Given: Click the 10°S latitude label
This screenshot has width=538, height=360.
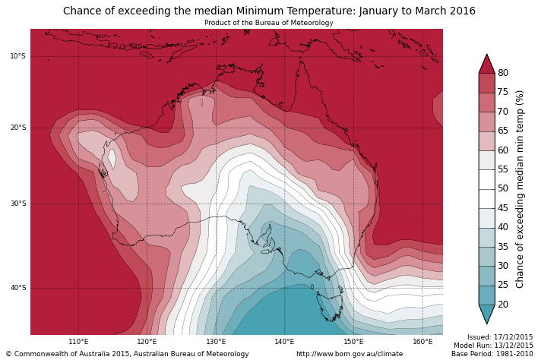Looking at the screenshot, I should pyautogui.click(x=17, y=56).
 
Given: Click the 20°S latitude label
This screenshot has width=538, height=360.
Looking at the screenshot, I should pyautogui.click(x=17, y=128).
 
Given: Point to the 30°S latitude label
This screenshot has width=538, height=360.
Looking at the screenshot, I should pyautogui.click(x=17, y=204).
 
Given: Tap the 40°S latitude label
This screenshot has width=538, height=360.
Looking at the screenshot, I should pyautogui.click(x=17, y=288).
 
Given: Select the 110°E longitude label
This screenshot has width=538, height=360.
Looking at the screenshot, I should pyautogui.click(x=78, y=342).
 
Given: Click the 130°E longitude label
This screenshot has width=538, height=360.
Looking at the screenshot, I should pyautogui.click(x=216, y=342).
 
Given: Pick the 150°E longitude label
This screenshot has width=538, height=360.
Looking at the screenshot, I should pyautogui.click(x=353, y=342).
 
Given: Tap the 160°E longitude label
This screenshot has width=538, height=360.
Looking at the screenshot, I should pyautogui.click(x=422, y=342).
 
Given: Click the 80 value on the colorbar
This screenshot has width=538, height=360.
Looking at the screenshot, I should pyautogui.click(x=503, y=73).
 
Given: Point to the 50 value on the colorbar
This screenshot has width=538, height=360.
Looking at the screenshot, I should pyautogui.click(x=503, y=188).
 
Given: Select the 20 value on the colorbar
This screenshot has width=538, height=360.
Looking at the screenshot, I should pyautogui.click(x=503, y=305).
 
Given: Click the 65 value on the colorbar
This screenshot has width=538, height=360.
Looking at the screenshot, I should pyautogui.click(x=503, y=131).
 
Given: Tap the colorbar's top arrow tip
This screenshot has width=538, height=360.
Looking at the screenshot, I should pyautogui.click(x=486, y=55).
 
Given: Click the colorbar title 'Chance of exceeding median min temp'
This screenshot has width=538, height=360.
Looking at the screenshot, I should pyautogui.click(x=521, y=188).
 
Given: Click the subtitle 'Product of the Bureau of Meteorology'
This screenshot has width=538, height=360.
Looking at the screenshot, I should pyautogui.click(x=268, y=23).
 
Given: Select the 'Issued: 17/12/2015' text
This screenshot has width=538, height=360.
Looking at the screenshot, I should pyautogui.click(x=499, y=337).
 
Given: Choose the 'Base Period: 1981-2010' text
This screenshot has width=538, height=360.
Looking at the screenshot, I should pyautogui.click(x=492, y=354).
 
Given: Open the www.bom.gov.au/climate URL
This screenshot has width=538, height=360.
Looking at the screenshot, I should pyautogui.click(x=350, y=354).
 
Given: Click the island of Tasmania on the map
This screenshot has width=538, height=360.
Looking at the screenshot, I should pyautogui.click(x=331, y=305).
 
